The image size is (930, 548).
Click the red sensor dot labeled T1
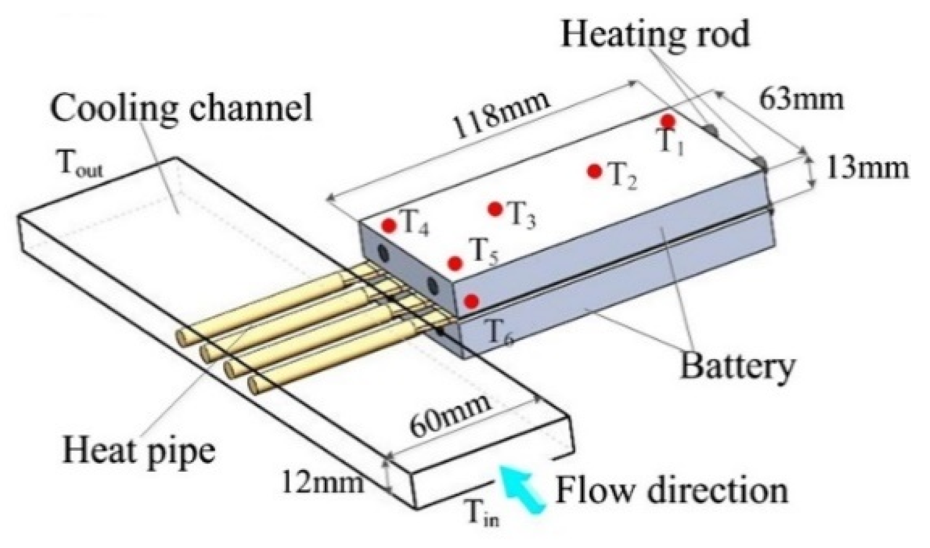click(x=668, y=121)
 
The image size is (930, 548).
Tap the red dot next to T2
click(x=595, y=171)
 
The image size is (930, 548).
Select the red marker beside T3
click(x=495, y=209)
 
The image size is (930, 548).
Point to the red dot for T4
click(x=389, y=226)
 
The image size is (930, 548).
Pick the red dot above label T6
click(x=471, y=301)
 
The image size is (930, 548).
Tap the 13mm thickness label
click(x=867, y=169)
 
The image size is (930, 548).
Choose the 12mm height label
click(x=323, y=482)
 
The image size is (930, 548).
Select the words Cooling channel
click(x=181, y=107)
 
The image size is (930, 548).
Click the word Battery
click(x=737, y=366)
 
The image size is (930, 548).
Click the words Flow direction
click(x=672, y=491)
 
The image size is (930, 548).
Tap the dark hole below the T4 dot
click(x=383, y=253)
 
